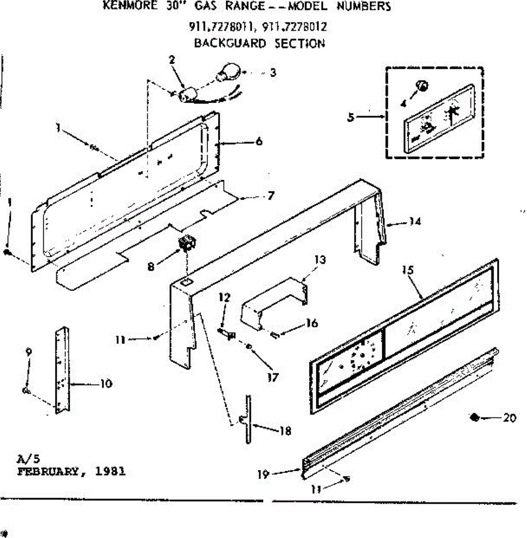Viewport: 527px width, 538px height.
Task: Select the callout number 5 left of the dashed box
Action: pyautogui.click(x=351, y=117)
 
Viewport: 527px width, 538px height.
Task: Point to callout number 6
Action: pyautogui.click(x=259, y=142)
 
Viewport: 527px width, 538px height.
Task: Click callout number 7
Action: pyautogui.click(x=270, y=196)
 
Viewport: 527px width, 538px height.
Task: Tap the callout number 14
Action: pyautogui.click(x=415, y=221)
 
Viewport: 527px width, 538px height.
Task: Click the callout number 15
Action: pyautogui.click(x=408, y=270)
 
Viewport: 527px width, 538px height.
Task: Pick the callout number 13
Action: pyautogui.click(x=320, y=260)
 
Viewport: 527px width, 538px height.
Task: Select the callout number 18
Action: pyautogui.click(x=285, y=431)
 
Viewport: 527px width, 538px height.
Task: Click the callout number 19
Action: pyautogui.click(x=263, y=474)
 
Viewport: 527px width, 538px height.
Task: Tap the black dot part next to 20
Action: pyautogui.click(x=473, y=417)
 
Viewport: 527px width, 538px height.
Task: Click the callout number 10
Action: pyautogui.click(x=106, y=384)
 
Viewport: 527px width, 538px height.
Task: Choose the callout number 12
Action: pyautogui.click(x=224, y=297)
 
